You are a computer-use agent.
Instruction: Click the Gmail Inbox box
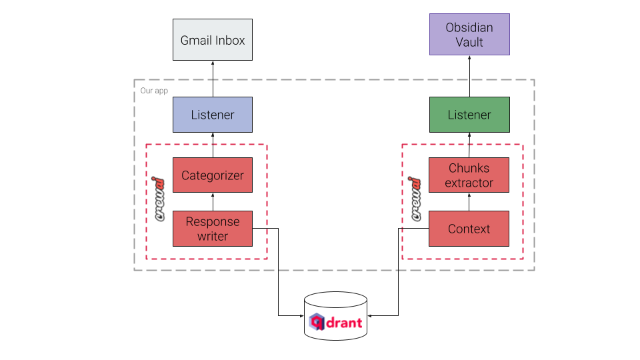(213, 40)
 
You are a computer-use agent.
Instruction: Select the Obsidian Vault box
(469, 34)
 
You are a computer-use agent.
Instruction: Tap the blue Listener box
(213, 115)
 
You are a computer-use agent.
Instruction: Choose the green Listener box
(469, 115)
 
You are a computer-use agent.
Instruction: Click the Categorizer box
(213, 175)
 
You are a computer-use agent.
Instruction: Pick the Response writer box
(213, 229)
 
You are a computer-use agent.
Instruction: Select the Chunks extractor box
(469, 175)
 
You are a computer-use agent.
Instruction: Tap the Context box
(469, 229)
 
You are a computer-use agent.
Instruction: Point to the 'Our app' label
(154, 90)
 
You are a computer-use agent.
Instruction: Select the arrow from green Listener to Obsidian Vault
(469, 76)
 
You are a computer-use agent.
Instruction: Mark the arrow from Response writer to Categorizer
(213, 202)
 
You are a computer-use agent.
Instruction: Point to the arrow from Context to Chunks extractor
(469, 202)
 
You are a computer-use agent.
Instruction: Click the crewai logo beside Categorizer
(157, 199)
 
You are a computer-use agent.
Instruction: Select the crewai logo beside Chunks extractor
(414, 199)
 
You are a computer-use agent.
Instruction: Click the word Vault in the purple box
(469, 42)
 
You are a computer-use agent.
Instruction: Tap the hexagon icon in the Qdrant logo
(317, 323)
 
